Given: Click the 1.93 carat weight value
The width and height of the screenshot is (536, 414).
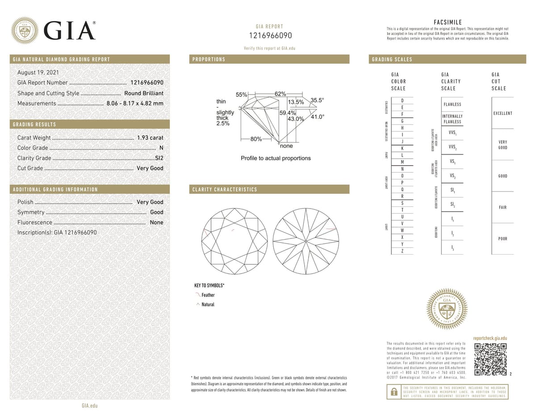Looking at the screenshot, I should (x=150, y=138).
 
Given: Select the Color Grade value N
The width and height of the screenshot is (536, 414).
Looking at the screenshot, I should (x=161, y=148).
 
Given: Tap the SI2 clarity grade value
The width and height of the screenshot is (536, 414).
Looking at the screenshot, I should (x=159, y=158).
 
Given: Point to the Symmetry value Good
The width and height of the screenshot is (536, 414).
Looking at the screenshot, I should (x=156, y=212).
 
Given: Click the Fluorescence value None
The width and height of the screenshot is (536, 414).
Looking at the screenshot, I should (x=156, y=222).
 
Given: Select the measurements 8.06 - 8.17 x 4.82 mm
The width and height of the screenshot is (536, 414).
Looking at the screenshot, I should (x=134, y=104).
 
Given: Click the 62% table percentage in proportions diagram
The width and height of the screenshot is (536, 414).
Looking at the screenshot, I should (x=281, y=94).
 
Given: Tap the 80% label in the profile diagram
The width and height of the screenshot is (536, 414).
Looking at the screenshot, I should (x=256, y=139).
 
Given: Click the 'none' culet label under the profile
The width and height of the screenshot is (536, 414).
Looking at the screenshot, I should (x=286, y=146).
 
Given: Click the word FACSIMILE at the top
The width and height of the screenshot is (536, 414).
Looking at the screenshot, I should (x=448, y=22).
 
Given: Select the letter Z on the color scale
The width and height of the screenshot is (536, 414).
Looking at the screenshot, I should (x=402, y=252).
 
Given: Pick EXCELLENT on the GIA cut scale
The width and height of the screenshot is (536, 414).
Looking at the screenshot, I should (x=502, y=113).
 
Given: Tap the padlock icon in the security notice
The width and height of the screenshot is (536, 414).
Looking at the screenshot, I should (x=394, y=392).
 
